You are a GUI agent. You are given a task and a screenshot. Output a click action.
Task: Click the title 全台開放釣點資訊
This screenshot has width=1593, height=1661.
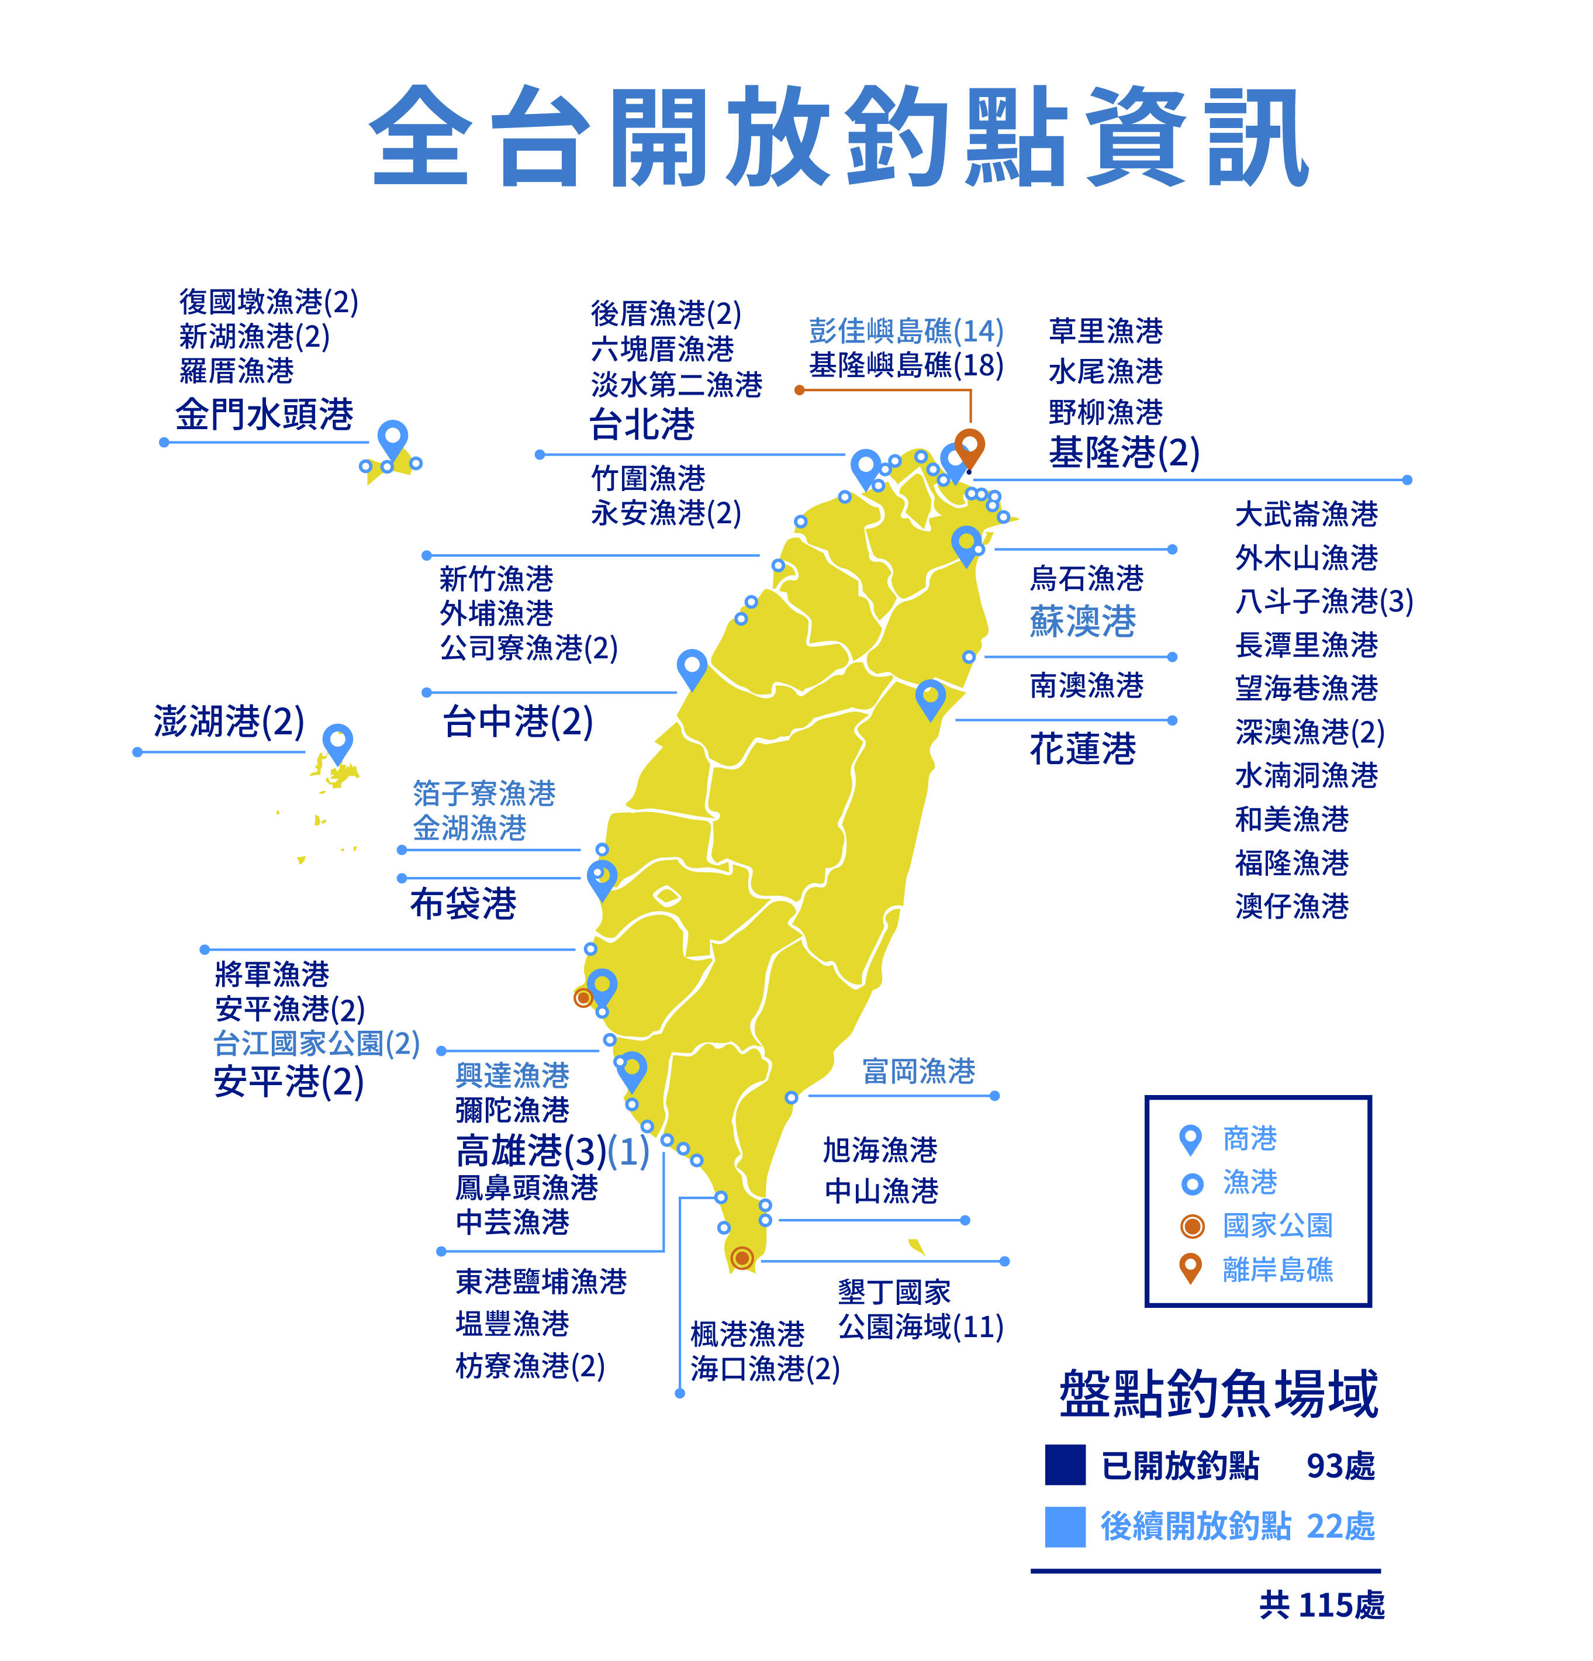coord(839,137)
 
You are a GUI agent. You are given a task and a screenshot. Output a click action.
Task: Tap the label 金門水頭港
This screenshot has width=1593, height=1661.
coord(264,415)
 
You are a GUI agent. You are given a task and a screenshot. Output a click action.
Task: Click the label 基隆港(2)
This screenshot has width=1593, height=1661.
coord(1124,452)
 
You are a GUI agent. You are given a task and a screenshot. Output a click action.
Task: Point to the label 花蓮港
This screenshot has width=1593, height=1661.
coord(1082,749)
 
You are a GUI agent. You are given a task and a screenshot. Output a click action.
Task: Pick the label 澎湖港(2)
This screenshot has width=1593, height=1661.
coord(229,721)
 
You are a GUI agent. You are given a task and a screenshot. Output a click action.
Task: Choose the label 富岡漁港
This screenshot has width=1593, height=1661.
coord(918,1071)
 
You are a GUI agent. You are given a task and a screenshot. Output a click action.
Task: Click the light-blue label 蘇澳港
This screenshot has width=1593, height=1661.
coord(1082,621)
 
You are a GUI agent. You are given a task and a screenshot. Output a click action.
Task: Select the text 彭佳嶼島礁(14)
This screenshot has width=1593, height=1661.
coord(906,330)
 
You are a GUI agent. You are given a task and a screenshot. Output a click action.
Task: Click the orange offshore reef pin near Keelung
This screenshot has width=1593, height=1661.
coord(969,445)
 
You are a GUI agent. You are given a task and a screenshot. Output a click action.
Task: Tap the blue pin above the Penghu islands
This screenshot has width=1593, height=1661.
coord(337,743)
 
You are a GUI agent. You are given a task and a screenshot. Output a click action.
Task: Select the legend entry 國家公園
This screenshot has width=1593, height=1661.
coord(1277,1225)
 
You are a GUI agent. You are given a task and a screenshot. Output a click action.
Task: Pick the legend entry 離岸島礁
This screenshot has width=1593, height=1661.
coord(1277,1269)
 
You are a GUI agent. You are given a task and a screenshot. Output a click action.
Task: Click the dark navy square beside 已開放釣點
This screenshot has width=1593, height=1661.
coord(1065,1465)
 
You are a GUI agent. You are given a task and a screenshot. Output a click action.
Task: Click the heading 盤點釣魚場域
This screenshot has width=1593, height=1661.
coord(1218,1394)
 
